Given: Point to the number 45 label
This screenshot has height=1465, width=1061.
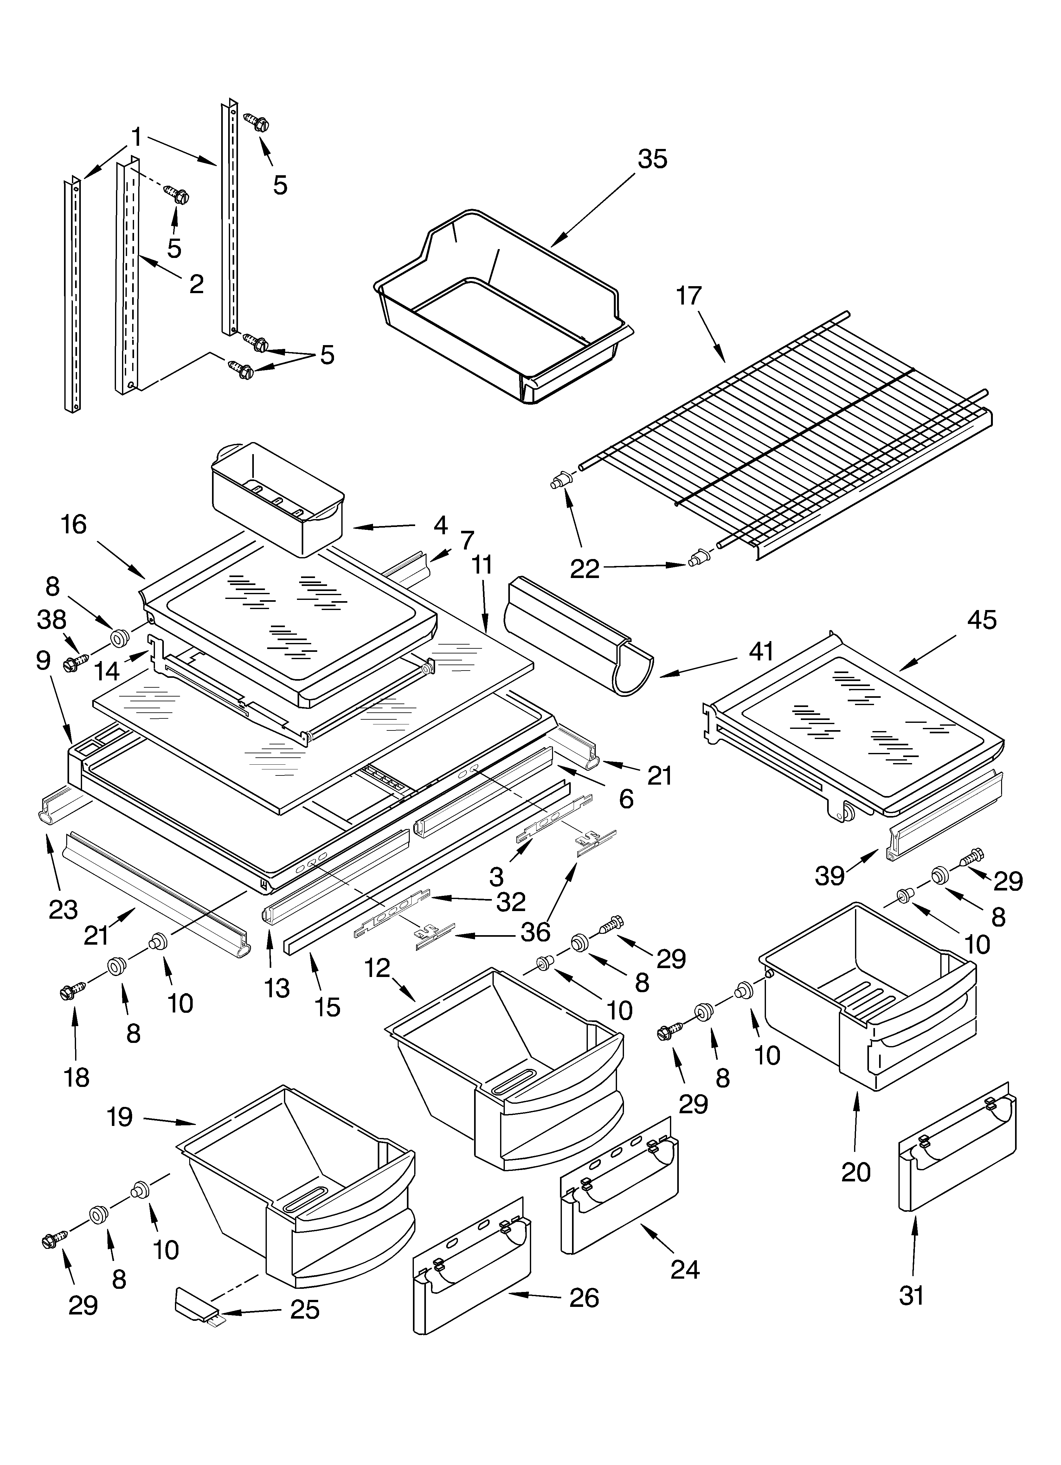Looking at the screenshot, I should [981, 620].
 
